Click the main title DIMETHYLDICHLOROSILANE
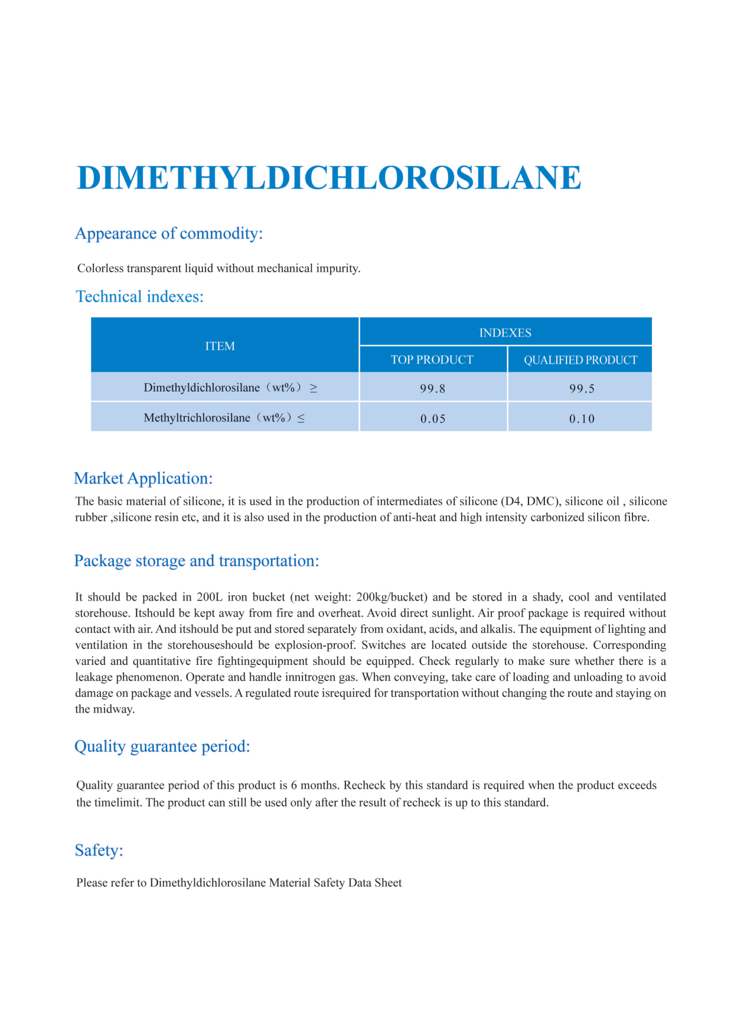click(329, 178)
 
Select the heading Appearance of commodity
click(169, 234)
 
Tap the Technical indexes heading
click(139, 296)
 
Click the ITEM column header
click(220, 346)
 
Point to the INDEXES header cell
click(505, 332)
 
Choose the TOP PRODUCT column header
click(432, 360)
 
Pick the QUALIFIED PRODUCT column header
click(580, 360)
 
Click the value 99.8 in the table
click(432, 389)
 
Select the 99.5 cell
click(582, 389)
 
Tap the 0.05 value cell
click(433, 419)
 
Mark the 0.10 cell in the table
click(582, 419)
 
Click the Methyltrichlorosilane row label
click(197, 418)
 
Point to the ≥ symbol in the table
click(314, 388)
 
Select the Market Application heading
click(143, 478)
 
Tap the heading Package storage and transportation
click(196, 561)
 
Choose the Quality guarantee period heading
click(162, 746)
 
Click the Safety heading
click(99, 850)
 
